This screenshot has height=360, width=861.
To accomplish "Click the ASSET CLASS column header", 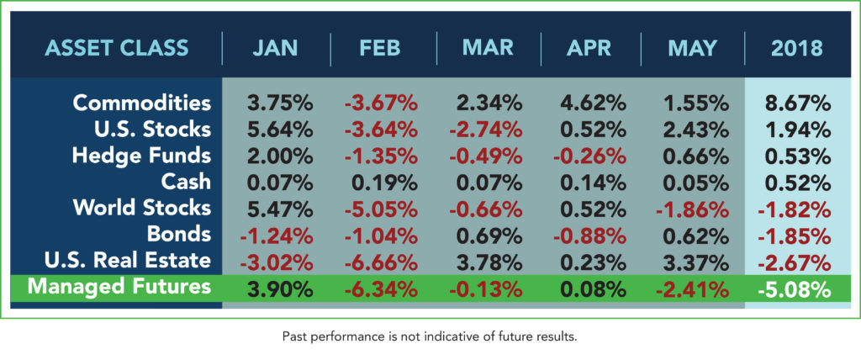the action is pos(117,48).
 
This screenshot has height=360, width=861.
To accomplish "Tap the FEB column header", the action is pos(379,49).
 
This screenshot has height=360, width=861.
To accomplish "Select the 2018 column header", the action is pos(797,49).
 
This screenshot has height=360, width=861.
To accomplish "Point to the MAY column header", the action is pos(692,49).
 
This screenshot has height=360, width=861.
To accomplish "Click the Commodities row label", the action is pos(141,103).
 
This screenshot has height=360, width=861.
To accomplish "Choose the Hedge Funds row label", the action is pos(141,156).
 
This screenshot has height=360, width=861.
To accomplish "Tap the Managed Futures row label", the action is pos(119,286).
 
